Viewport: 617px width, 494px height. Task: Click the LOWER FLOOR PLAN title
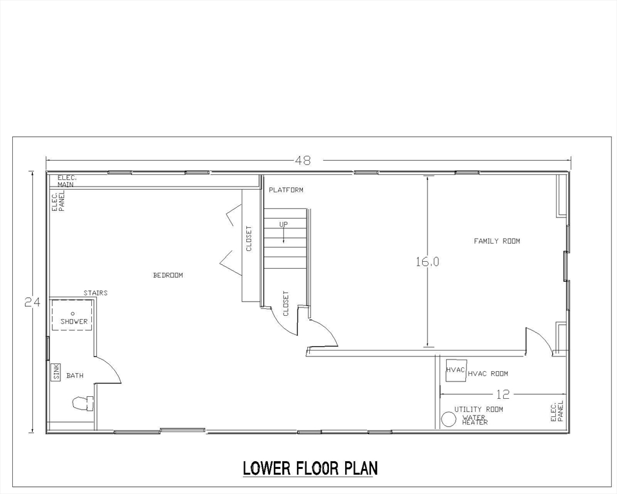(x=310, y=468)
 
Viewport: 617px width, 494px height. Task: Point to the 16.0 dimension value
(x=427, y=262)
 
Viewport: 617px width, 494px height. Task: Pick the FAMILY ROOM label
(x=497, y=241)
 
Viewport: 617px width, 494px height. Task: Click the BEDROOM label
(x=168, y=275)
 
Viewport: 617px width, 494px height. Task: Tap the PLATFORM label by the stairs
(x=286, y=190)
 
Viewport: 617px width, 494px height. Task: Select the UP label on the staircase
(x=283, y=224)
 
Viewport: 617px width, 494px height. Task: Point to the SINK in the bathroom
(x=56, y=371)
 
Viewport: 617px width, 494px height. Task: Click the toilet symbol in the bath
(x=82, y=403)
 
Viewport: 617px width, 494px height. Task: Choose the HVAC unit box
(x=456, y=369)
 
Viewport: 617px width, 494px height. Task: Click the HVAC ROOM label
(x=488, y=374)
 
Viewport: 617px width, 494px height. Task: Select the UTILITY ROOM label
(x=478, y=409)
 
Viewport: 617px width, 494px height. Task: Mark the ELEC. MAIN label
(x=66, y=181)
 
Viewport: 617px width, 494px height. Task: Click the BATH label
(x=75, y=376)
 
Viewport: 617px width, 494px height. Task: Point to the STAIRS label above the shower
(x=95, y=293)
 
